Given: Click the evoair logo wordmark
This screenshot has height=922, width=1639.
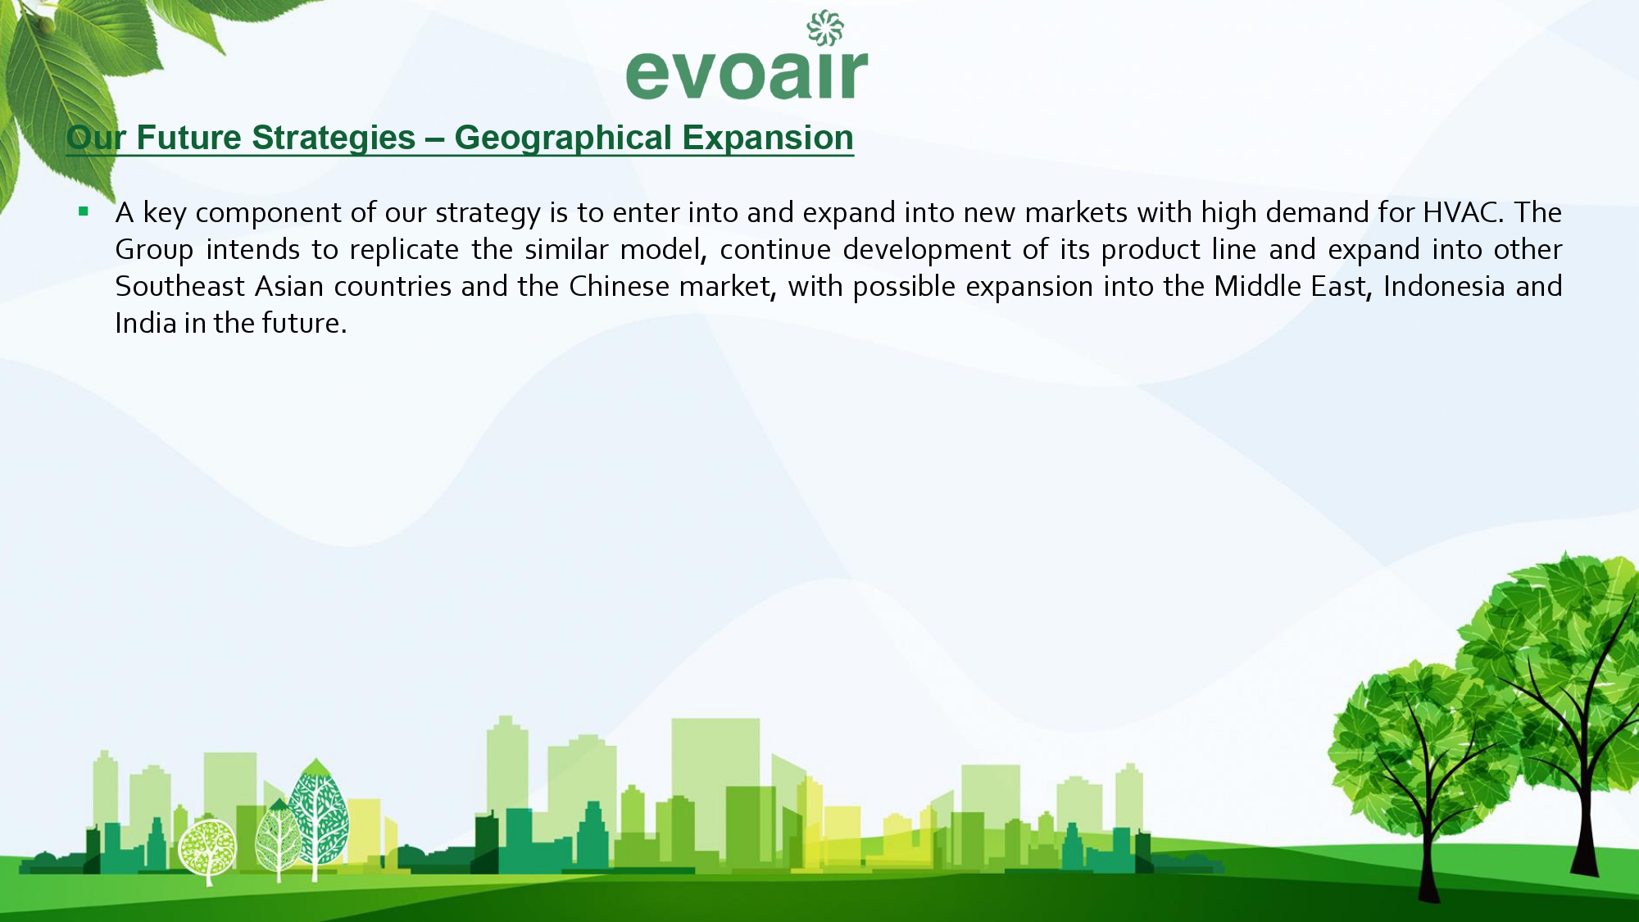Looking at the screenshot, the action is click(747, 73).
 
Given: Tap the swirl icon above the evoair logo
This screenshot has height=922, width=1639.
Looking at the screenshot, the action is click(825, 28).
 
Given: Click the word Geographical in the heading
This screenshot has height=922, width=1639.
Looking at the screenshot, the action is click(563, 138).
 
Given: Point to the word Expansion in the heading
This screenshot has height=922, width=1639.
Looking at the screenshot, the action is click(768, 138).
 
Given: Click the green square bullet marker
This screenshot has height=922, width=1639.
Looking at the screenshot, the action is click(83, 211).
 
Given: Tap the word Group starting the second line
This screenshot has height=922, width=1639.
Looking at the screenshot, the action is click(154, 250).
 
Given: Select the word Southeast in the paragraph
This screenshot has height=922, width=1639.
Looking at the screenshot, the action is click(179, 286).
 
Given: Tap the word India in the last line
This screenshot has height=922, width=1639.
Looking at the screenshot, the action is click(146, 323).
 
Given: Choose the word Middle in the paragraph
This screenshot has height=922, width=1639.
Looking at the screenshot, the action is click(1258, 286).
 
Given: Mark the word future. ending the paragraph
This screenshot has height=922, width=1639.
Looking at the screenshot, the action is click(304, 323).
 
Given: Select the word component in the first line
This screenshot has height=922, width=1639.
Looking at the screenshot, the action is click(269, 213).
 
